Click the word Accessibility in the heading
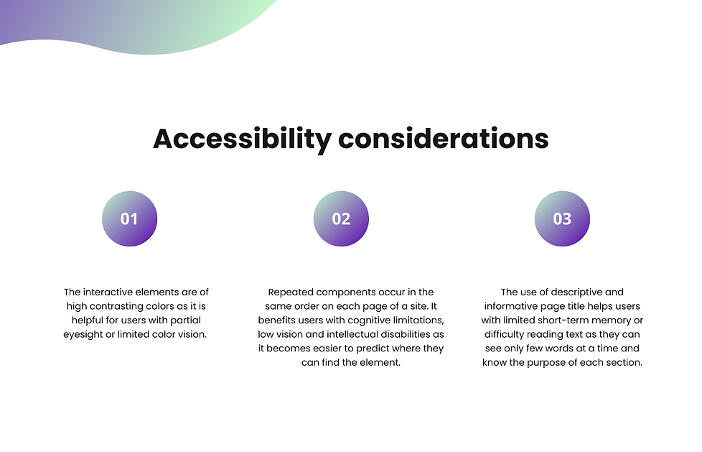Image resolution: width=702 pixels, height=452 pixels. pyautogui.click(x=242, y=139)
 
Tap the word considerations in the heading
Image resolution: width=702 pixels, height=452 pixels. pyautogui.click(x=443, y=139)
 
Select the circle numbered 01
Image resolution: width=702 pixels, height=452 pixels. pyautogui.click(x=129, y=219)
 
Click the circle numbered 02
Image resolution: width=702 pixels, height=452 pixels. pyautogui.click(x=341, y=219)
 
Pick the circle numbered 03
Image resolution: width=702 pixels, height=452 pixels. pyautogui.click(x=562, y=219)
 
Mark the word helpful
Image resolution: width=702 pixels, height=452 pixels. pyautogui.click(x=88, y=320)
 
